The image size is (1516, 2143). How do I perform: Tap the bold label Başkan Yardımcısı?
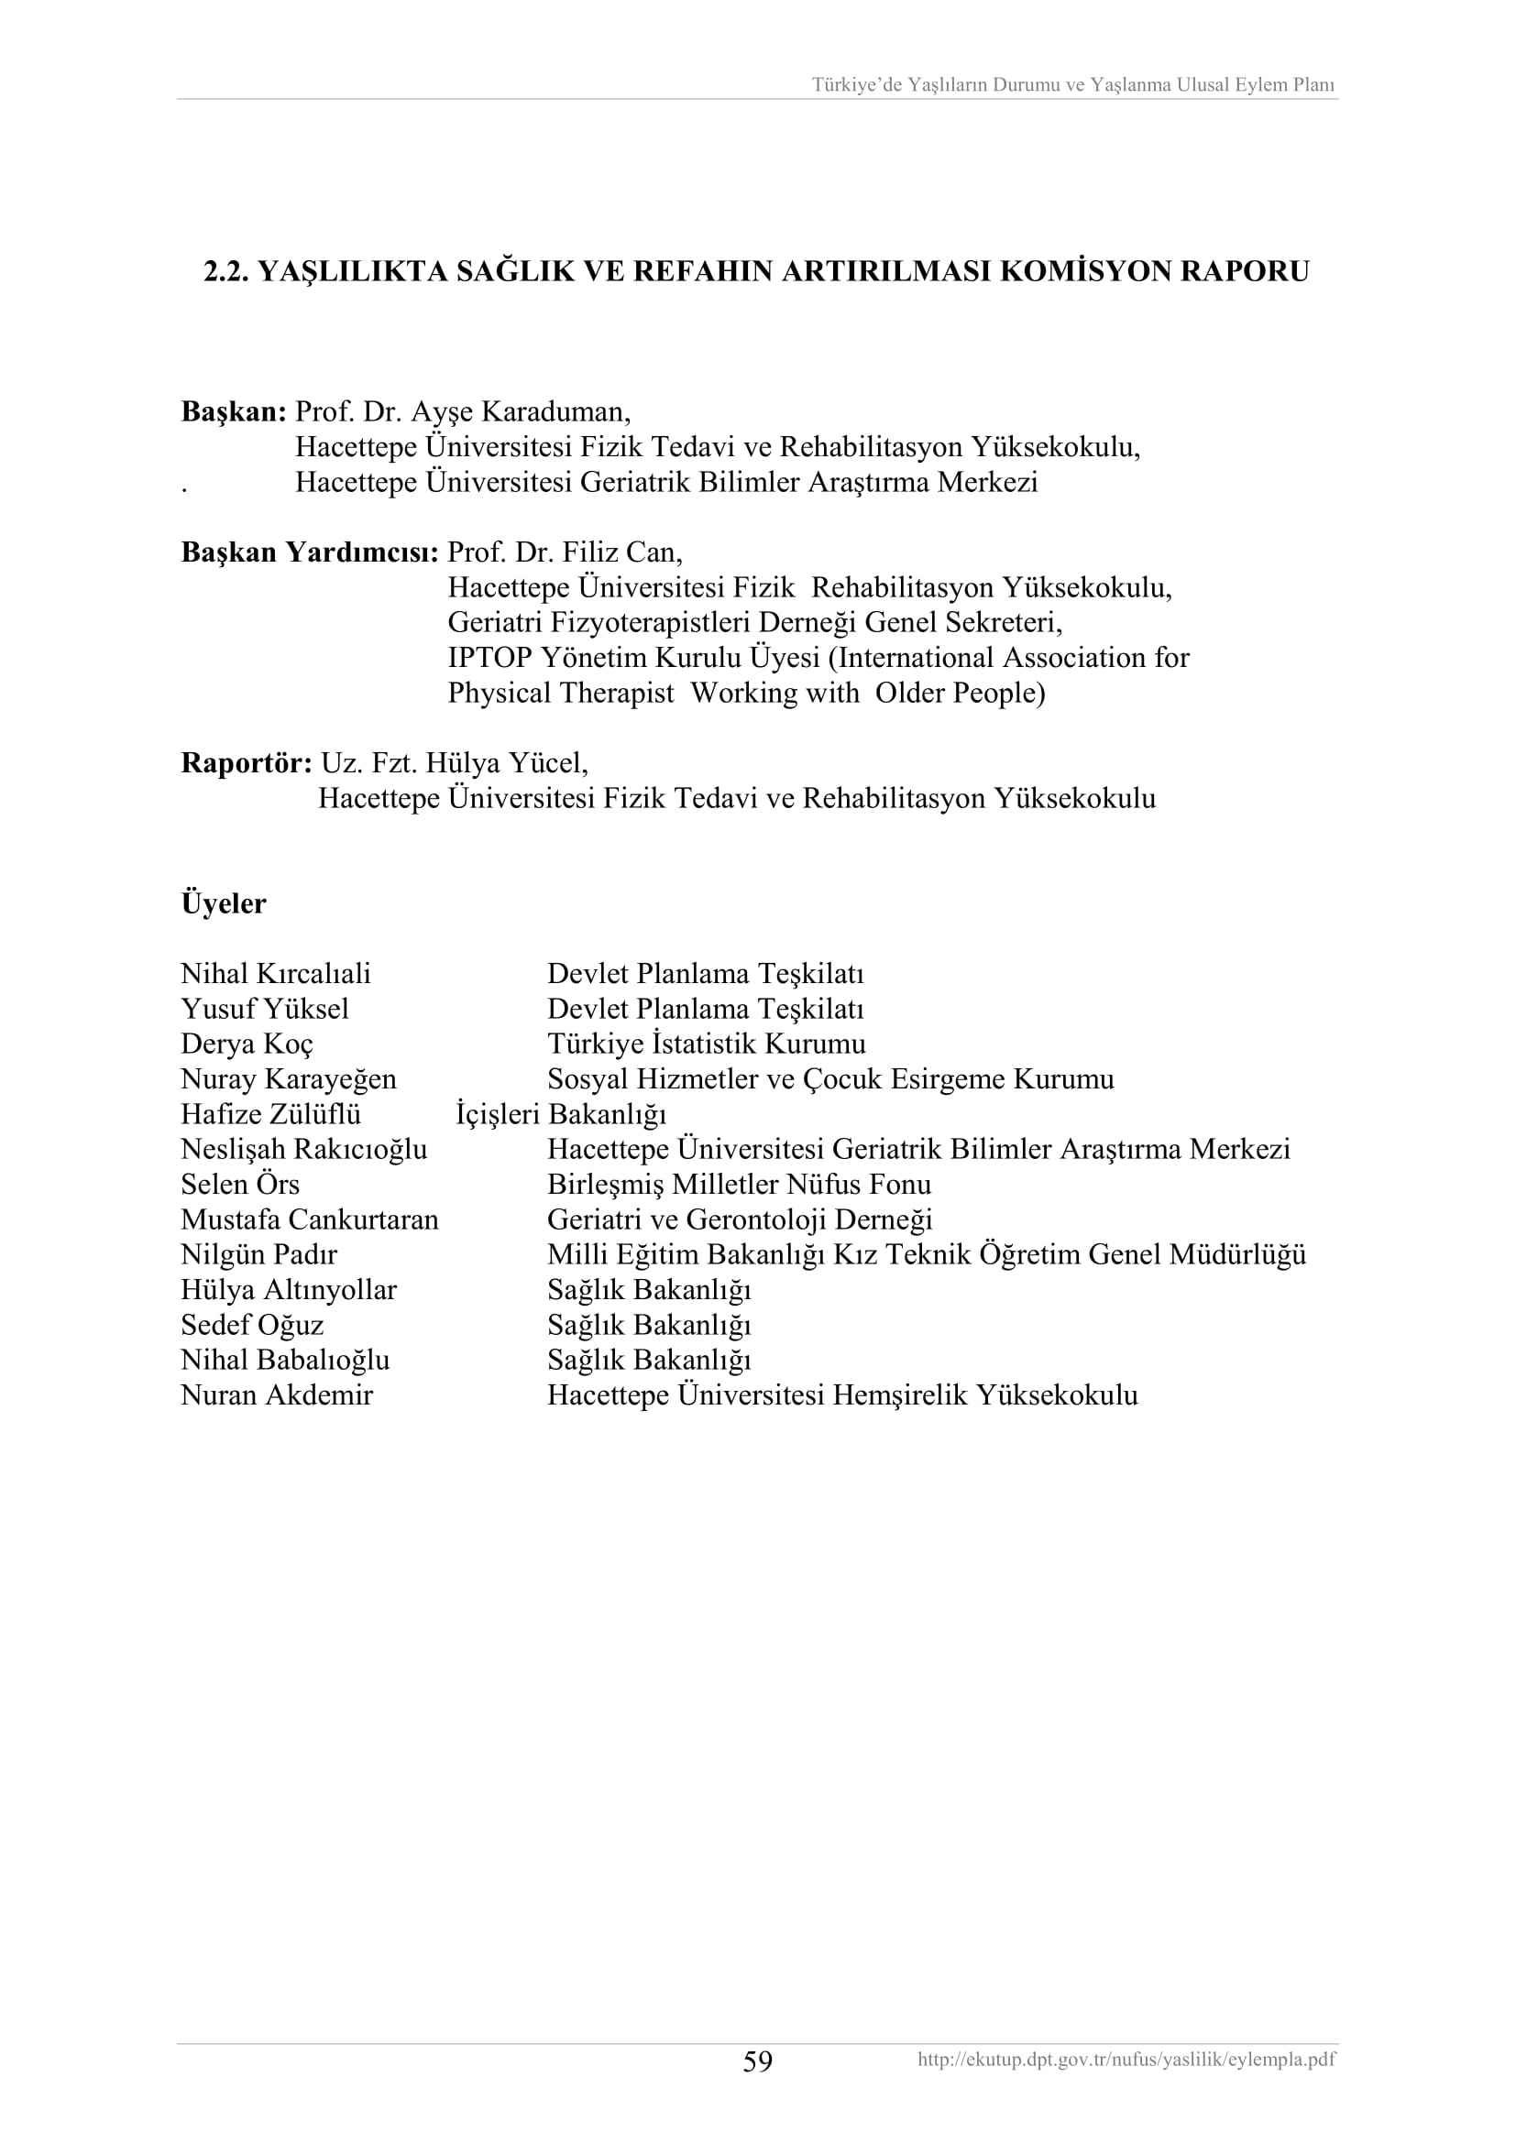click(x=309, y=552)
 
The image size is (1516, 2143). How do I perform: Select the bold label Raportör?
click(x=247, y=763)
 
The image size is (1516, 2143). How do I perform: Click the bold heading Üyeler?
click(x=223, y=903)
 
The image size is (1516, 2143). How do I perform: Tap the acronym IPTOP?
click(x=490, y=658)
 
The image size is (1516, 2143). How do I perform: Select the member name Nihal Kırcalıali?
click(x=275, y=974)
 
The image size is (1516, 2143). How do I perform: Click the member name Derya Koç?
click(x=247, y=1044)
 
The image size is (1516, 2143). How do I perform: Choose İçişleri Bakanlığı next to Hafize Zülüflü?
click(x=560, y=1113)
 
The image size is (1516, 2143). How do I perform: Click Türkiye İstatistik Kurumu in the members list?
click(x=706, y=1044)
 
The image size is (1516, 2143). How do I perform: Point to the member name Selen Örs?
click(x=240, y=1185)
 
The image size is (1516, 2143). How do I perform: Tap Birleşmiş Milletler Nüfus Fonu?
click(x=739, y=1185)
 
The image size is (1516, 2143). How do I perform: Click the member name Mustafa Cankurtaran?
click(x=309, y=1219)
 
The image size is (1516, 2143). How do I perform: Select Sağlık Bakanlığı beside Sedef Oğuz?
click(x=649, y=1325)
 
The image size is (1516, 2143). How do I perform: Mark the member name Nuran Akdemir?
click(x=276, y=1395)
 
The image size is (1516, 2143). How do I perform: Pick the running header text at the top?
click(x=1072, y=85)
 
